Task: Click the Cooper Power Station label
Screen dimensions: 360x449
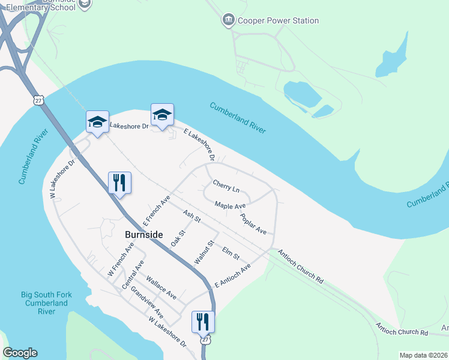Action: click(277, 20)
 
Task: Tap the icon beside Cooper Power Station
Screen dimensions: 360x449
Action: click(228, 20)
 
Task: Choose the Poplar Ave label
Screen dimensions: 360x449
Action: click(253, 223)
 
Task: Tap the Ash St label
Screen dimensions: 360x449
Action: click(191, 217)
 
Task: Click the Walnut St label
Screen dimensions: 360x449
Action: click(204, 253)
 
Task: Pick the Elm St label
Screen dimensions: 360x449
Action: click(231, 253)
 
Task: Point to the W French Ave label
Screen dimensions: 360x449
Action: click(121, 260)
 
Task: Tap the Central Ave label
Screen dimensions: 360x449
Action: click(133, 275)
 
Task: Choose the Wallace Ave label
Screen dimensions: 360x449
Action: click(161, 288)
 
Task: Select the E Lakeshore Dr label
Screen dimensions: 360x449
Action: click(199, 145)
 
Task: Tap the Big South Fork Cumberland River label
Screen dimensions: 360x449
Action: click(44, 303)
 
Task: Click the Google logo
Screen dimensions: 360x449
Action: click(20, 353)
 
